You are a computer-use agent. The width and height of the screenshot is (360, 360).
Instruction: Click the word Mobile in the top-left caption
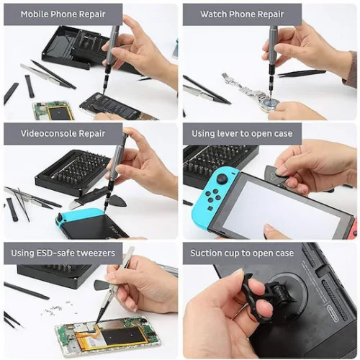(35, 14)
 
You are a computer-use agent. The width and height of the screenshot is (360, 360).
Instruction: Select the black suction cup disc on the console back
(286, 289)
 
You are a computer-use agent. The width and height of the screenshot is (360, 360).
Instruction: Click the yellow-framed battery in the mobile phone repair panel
(58, 111)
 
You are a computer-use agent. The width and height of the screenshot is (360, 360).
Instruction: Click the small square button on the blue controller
(210, 208)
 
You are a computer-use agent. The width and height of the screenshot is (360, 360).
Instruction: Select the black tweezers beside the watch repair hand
(301, 73)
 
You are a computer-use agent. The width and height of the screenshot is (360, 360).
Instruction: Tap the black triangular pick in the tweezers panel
(103, 284)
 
